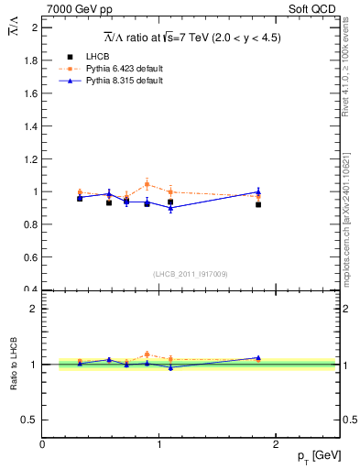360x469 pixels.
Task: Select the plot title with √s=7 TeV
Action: click(191, 38)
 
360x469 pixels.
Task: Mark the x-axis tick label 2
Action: click(277, 444)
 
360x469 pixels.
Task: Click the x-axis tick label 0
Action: click(42, 444)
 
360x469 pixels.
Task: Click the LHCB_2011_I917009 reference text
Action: click(191, 273)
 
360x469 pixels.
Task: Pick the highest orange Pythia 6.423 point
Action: click(147, 184)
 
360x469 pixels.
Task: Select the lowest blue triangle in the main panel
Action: click(170, 209)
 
